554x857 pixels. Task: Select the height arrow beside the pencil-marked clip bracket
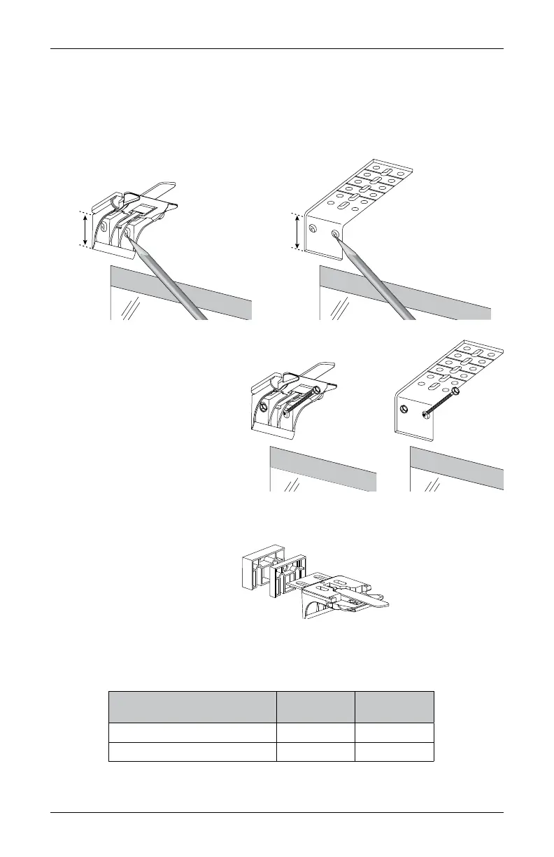point(85,229)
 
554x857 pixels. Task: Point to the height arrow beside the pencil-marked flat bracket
point(298,232)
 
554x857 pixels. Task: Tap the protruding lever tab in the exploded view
point(371,600)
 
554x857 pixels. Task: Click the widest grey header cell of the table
point(192,707)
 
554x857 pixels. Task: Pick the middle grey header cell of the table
point(315,707)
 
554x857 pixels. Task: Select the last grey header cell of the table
point(395,707)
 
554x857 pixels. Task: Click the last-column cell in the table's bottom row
point(395,752)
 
